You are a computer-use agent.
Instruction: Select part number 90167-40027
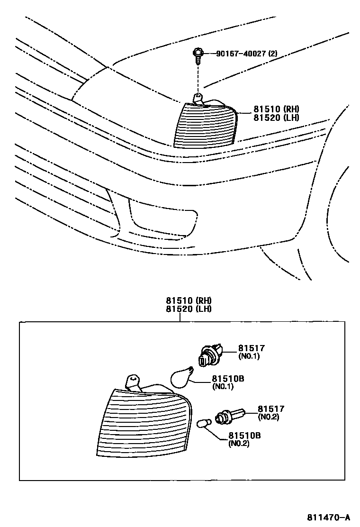pyautogui.click(x=241, y=54)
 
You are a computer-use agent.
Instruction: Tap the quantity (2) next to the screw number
pyautogui.click(x=272, y=54)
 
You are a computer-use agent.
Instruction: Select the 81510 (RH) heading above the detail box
pyautogui.click(x=188, y=300)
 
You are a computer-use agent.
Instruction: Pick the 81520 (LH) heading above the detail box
pyautogui.click(x=188, y=309)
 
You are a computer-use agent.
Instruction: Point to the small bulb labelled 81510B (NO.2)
pyautogui.click(x=203, y=423)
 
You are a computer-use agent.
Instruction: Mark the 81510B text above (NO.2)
pyautogui.click(x=244, y=435)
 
